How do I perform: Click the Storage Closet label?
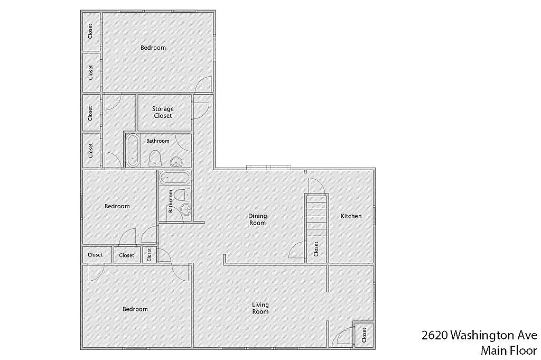[163, 112]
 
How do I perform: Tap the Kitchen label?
[351, 216]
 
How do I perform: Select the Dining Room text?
[258, 219]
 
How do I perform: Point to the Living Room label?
[260, 308]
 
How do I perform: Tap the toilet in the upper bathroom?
[155, 157]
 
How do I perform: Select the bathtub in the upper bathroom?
[133, 151]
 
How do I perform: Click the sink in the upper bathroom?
[176, 161]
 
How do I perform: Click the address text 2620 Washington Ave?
[479, 335]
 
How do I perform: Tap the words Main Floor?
[508, 350]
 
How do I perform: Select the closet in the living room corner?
[363, 335]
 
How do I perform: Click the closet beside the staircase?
[316, 248]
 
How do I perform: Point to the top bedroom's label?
[153, 48]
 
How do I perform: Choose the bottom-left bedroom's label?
[135, 309]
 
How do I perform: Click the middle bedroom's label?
[117, 206]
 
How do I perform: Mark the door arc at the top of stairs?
[315, 186]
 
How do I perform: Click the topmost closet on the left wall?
[91, 32]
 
